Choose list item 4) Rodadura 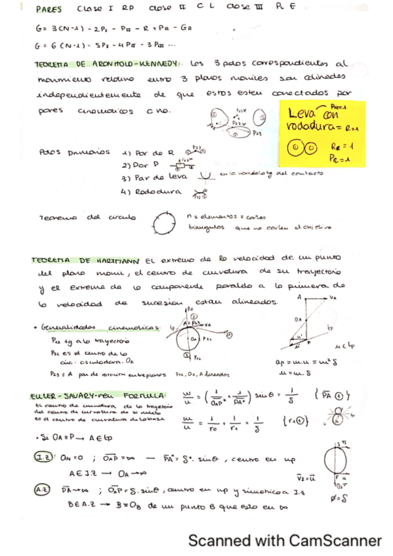point(152,193)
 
